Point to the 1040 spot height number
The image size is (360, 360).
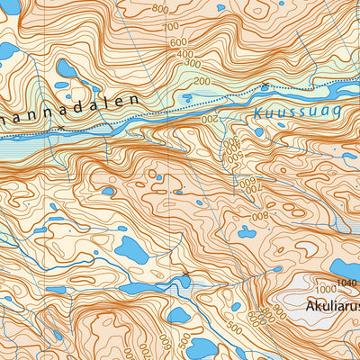coord(346,284)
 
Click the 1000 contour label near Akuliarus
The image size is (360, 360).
coord(325,290)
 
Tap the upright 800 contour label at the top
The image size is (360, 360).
coord(160,9)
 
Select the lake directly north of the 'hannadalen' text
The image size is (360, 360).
coord(67,68)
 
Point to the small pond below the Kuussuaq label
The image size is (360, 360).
coord(258,131)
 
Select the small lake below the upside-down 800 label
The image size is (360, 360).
coord(246,232)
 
